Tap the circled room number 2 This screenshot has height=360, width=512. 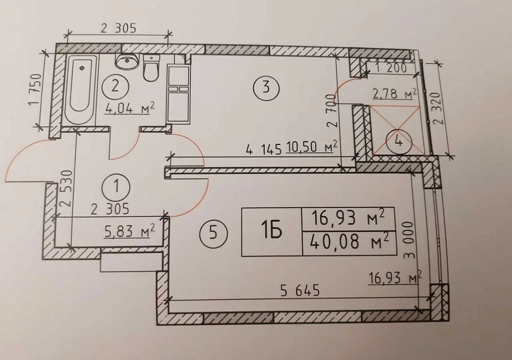tap(116, 87)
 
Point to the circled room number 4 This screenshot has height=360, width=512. tap(399, 142)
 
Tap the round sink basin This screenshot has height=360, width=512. tap(127, 61)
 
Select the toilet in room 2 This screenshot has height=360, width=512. tap(151, 68)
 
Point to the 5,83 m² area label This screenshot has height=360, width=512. tap(130, 231)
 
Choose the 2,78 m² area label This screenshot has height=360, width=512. tap(393, 94)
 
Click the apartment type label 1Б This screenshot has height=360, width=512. tap(272, 232)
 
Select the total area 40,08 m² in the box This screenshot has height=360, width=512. tap(349, 243)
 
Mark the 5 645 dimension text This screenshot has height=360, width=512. tap(300, 291)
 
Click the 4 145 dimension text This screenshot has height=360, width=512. tap(264, 150)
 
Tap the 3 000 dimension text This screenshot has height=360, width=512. tap(409, 240)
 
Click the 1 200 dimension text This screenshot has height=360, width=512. tap(391, 68)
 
